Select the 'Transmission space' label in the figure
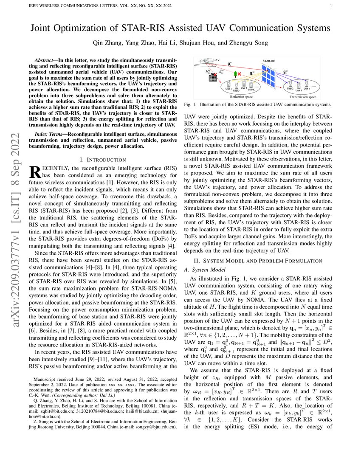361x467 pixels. (x=303, y=97)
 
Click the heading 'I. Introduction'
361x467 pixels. (x=103, y=160)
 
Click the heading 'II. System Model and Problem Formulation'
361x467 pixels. (x=258, y=260)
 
